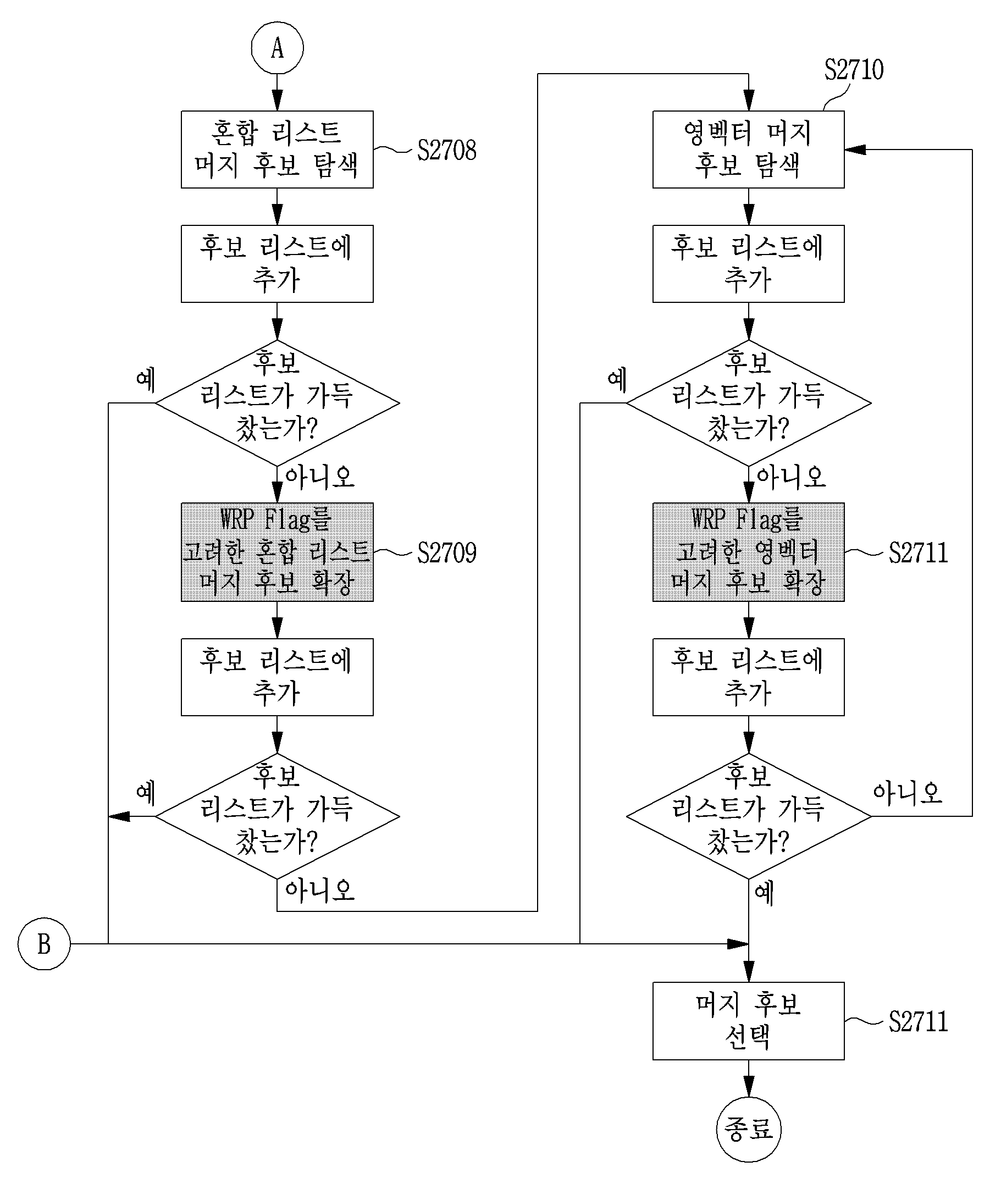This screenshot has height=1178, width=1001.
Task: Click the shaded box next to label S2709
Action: pyautogui.click(x=277, y=551)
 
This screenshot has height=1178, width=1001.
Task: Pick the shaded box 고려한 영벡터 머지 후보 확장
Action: pyautogui.click(x=749, y=551)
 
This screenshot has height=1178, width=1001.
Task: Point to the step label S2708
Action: pyautogui.click(x=446, y=151)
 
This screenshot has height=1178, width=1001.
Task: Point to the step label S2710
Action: pyautogui.click(x=854, y=70)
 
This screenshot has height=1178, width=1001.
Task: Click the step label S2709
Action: pyautogui.click(x=446, y=552)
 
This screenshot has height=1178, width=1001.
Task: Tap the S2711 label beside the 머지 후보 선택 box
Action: pyautogui.click(x=918, y=1021)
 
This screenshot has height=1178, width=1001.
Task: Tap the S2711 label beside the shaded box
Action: pyautogui.click(x=918, y=552)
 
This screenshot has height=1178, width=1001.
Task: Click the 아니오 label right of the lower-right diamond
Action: pyautogui.click(x=908, y=793)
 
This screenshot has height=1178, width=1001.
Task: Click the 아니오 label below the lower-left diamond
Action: pyautogui.click(x=320, y=891)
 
